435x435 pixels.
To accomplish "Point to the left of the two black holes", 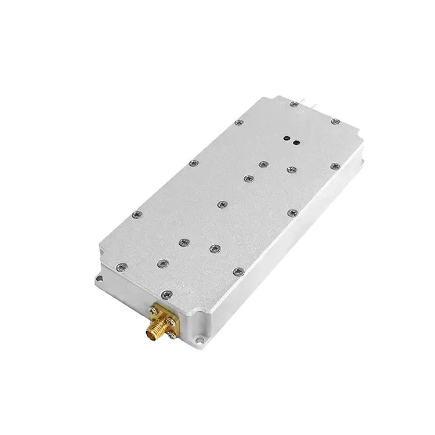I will coord(287,139).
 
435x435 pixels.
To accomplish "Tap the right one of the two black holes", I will coord(296,142).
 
